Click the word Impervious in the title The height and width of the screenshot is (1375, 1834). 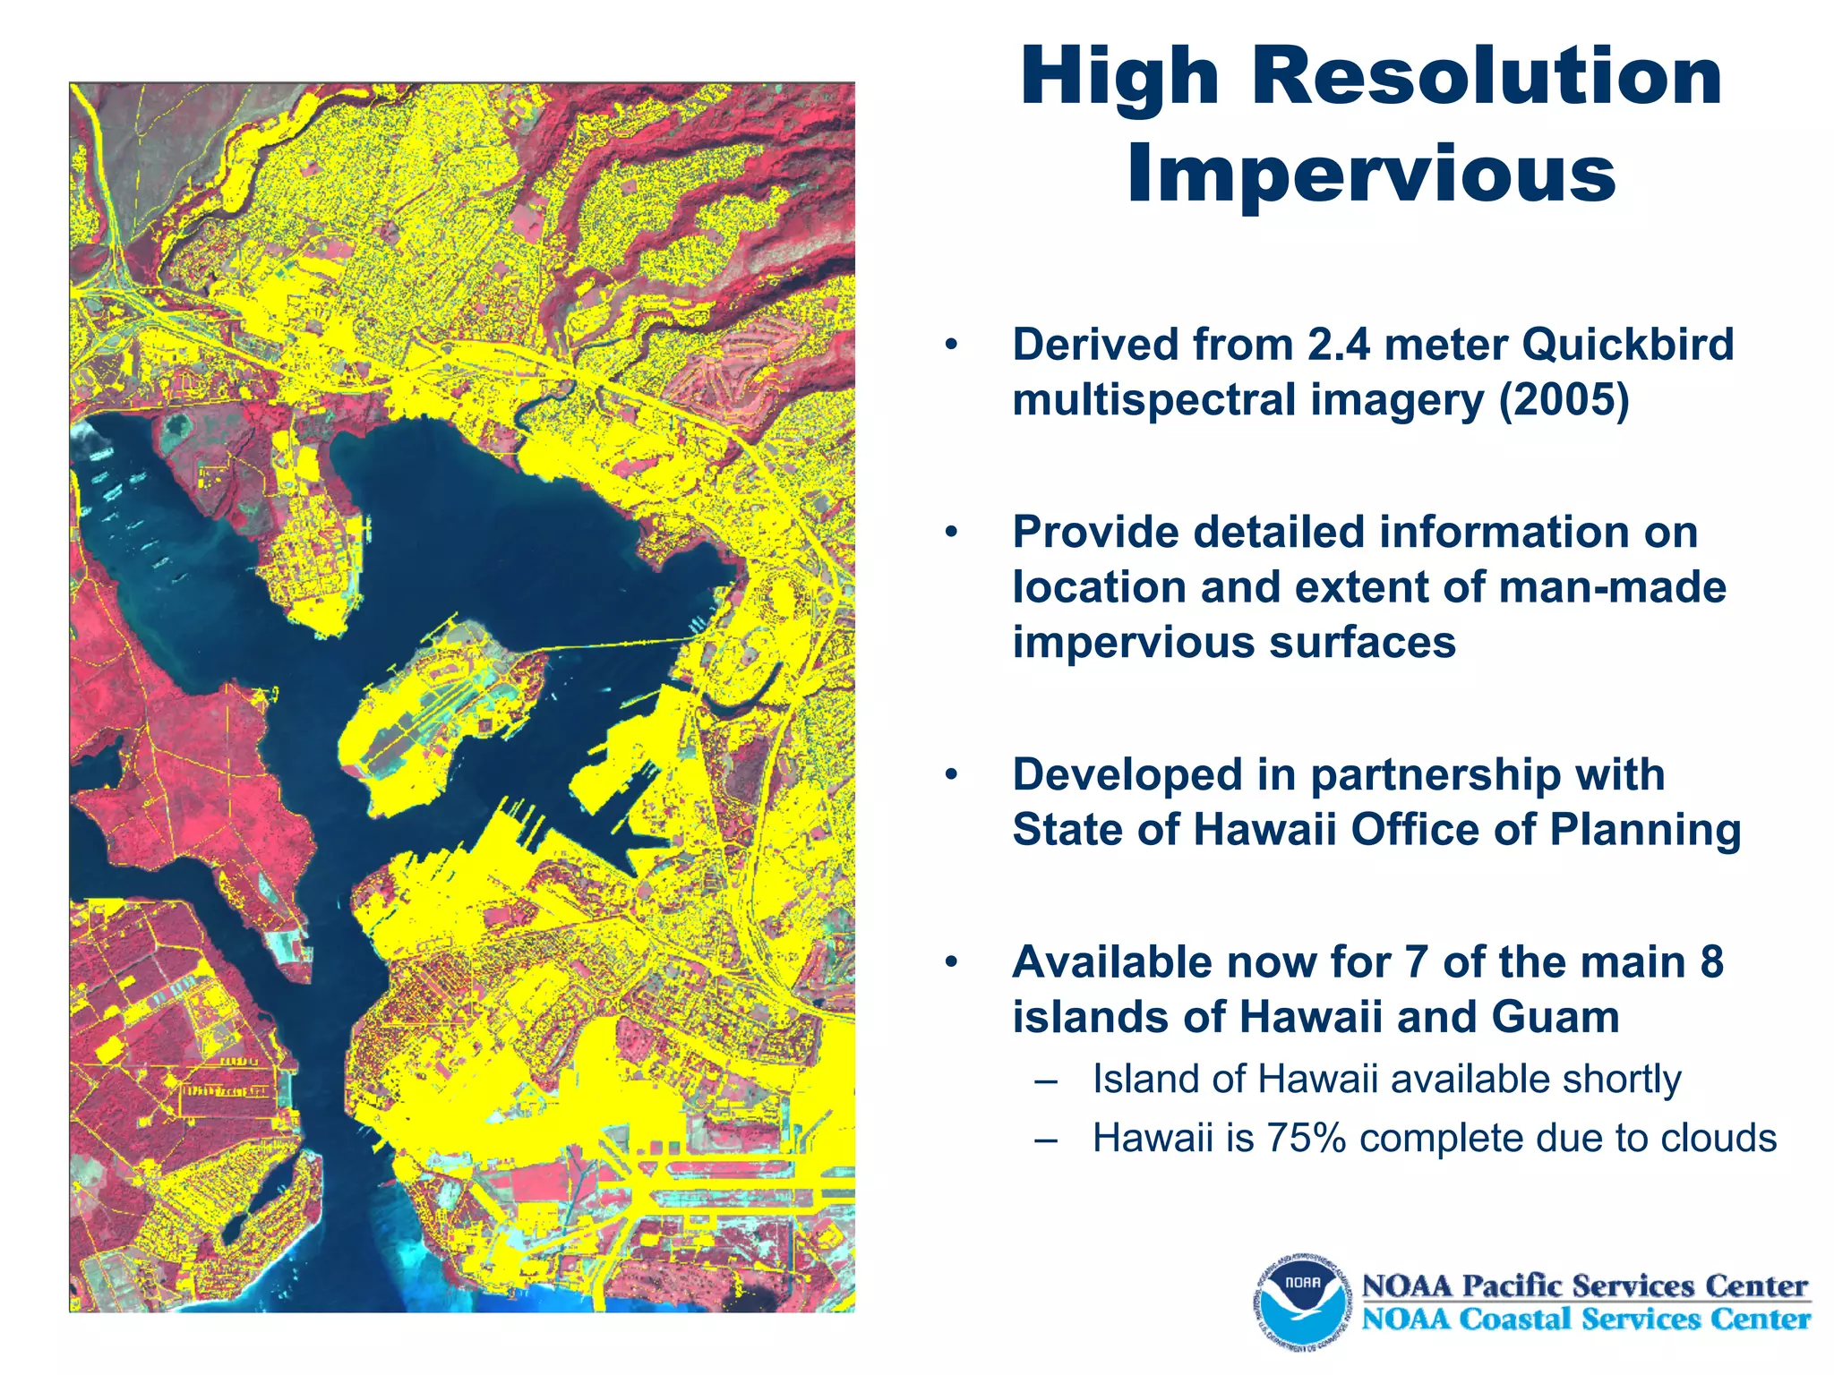point(1371,174)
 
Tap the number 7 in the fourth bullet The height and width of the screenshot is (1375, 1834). point(1415,962)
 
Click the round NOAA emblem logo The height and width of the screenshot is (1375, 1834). point(1303,1300)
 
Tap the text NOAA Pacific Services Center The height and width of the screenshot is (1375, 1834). point(1585,1285)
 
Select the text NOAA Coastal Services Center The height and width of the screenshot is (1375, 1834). point(1585,1319)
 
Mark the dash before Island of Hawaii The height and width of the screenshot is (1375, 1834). point(1045,1080)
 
